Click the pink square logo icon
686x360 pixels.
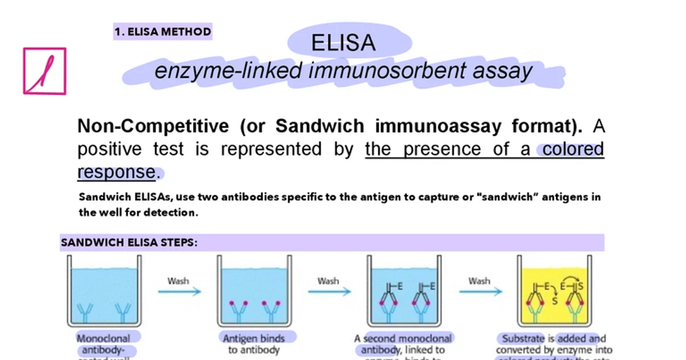tap(45, 71)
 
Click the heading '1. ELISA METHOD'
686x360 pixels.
tap(163, 32)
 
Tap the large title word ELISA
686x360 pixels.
tap(344, 43)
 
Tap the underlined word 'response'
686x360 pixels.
tap(116, 172)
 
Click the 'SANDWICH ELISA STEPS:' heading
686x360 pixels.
tap(129, 243)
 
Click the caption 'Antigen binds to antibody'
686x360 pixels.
tap(253, 344)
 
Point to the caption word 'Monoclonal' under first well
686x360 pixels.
tap(103, 338)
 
